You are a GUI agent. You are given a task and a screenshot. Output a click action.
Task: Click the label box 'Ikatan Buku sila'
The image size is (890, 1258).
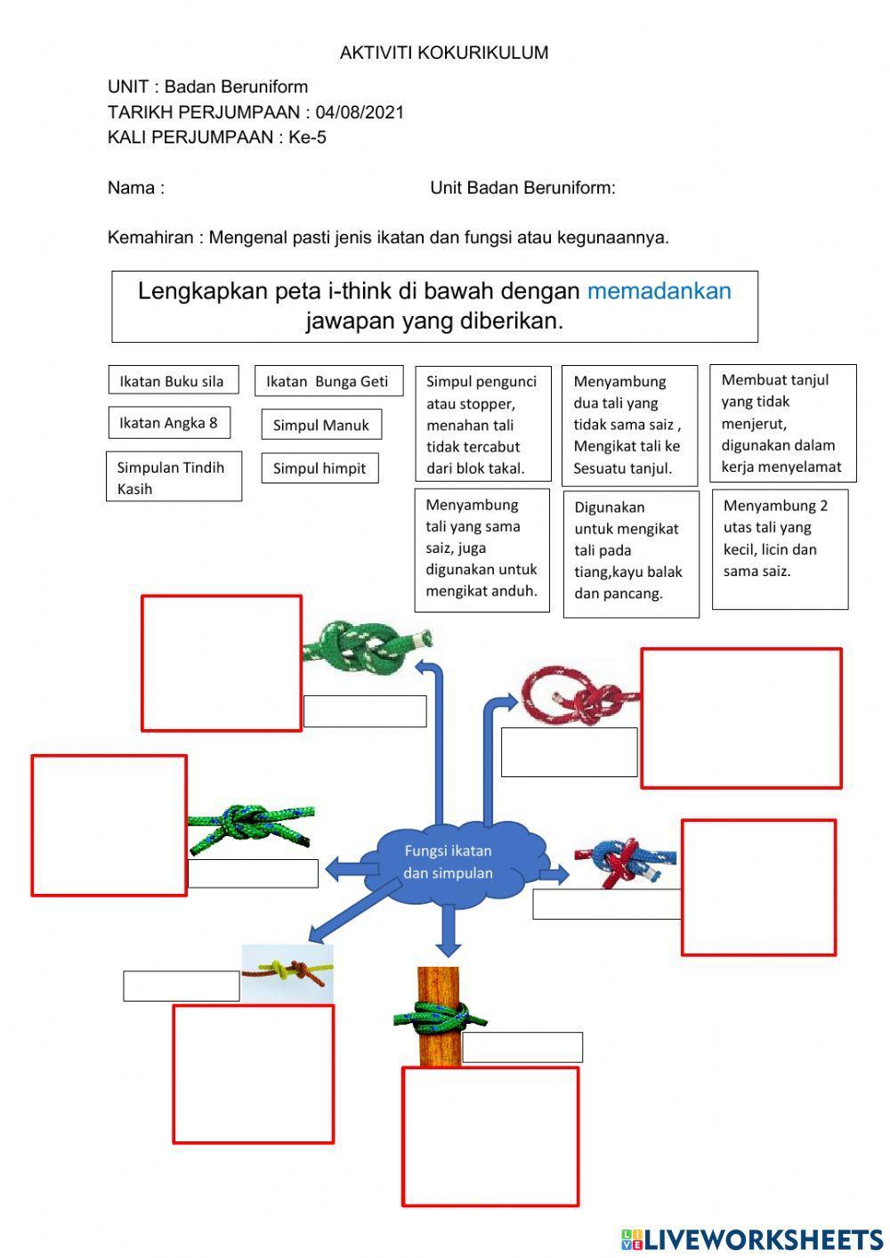coord(173,381)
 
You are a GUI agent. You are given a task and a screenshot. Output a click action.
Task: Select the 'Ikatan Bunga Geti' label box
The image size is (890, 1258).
coord(328,381)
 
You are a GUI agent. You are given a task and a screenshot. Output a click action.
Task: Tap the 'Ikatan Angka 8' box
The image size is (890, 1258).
coord(168,423)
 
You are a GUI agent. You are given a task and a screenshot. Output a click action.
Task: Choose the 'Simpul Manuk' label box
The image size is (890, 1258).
coord(321,426)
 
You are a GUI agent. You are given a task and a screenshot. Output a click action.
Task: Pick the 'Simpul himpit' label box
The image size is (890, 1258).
coord(320,468)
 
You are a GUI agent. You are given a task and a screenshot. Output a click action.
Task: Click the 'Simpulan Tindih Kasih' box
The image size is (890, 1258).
coord(174,477)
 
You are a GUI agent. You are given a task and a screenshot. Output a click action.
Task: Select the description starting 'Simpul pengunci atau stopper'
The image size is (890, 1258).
coord(482,425)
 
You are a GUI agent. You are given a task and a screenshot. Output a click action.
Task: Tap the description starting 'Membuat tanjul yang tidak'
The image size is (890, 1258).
coord(782,423)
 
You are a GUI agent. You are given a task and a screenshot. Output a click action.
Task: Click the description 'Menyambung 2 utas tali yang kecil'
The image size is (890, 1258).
coord(780,548)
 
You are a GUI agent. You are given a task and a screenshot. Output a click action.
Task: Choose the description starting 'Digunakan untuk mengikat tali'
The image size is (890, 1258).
coord(630,553)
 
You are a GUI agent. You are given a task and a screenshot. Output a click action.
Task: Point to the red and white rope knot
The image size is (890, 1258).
coord(579,694)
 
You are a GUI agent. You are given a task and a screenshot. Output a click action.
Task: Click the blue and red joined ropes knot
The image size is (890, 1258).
coord(626,860)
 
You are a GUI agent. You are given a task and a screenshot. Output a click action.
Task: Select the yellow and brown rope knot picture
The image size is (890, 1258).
coord(287,972)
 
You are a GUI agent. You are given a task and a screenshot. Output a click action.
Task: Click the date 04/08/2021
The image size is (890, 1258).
coord(360,112)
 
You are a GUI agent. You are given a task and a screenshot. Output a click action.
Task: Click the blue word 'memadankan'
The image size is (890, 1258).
coord(659,291)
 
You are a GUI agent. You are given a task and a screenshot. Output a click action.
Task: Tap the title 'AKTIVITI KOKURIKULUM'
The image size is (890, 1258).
coord(444,53)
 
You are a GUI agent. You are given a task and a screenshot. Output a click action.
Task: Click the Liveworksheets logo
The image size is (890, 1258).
coord(751,1238)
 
